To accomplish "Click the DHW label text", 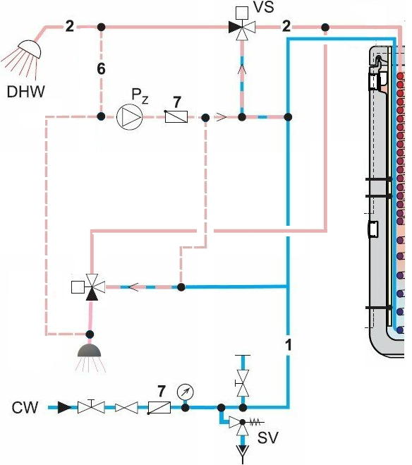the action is tap(26, 92).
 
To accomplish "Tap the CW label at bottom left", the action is tap(25, 407).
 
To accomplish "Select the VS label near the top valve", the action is tap(264, 7).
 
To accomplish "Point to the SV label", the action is tap(267, 437).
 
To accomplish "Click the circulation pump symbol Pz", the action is tap(130, 117).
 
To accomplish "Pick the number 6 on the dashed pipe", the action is tap(101, 68).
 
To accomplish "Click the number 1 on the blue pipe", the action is tap(288, 344).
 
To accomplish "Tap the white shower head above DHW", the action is tap(30, 49).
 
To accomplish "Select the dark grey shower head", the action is tap(89, 350).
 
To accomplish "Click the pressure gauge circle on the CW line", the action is tap(186, 392).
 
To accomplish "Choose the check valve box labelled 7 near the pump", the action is tap(176, 116).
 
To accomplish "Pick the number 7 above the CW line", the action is tap(161, 391).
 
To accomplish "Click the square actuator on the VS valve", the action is tap(242, 13).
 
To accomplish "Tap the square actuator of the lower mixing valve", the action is tap(78, 287).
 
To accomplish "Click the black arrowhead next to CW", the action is tap(64, 407).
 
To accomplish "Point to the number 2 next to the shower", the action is tap(69, 27).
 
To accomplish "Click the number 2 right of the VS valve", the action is tap(286, 27).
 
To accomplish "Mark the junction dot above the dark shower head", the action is tap(90, 334).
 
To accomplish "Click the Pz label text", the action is tap(140, 96).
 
